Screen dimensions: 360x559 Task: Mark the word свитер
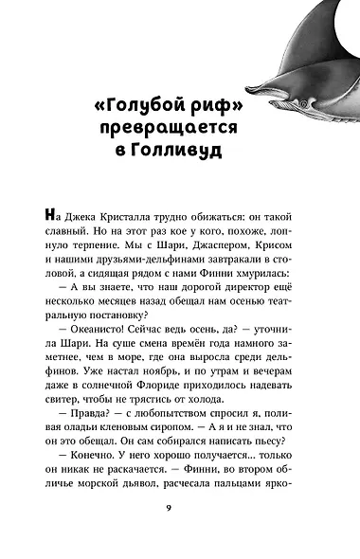click(x=78, y=450)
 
